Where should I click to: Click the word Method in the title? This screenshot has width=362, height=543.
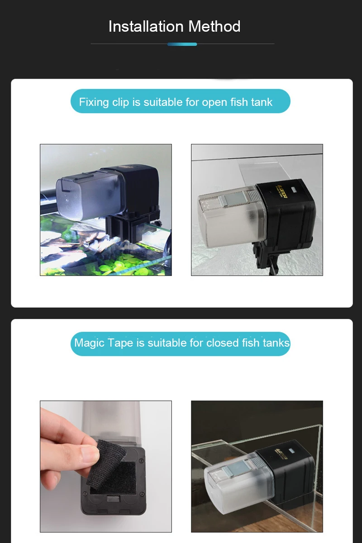coord(214,27)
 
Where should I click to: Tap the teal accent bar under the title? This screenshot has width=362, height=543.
coord(182,44)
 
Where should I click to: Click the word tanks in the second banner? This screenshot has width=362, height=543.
coord(276,343)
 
